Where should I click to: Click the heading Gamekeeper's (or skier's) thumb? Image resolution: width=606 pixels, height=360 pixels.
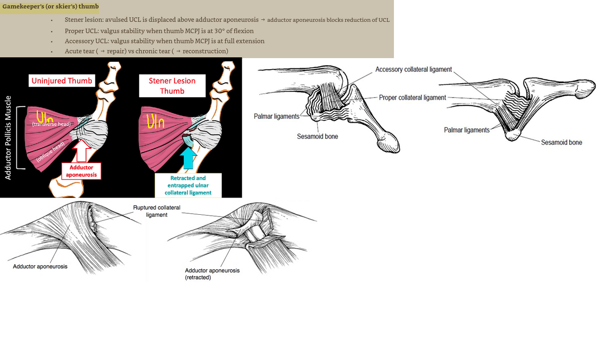pos(50,7)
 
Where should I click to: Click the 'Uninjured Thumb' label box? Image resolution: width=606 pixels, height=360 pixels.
pos(62,81)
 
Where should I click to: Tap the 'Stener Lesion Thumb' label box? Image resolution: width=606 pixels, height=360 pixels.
pos(172,86)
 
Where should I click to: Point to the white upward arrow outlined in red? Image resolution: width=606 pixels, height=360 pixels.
pos(82,151)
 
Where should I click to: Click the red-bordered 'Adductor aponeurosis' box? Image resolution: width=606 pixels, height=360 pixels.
pos(81,171)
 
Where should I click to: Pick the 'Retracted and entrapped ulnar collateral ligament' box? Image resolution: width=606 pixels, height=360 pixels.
pos(188,185)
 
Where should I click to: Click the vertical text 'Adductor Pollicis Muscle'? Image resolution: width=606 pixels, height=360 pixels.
pos(8,138)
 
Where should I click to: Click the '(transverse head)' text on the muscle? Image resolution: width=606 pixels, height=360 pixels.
pos(51,124)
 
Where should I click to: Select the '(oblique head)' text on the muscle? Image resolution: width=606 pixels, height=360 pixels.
pos(50,152)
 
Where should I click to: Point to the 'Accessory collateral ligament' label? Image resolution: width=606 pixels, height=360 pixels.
pos(413,69)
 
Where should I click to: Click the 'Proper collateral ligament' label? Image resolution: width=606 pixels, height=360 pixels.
pos(412,98)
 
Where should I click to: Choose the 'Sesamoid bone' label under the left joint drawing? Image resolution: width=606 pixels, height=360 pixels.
pos(318,136)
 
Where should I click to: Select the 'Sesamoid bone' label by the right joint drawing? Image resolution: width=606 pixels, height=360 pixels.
pos(561,143)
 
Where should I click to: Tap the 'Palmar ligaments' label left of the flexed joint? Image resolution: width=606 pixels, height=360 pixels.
pos(277,116)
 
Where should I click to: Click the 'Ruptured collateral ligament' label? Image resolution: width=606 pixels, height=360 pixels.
pos(157,211)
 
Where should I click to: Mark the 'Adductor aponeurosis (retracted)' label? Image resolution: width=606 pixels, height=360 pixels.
pos(212,274)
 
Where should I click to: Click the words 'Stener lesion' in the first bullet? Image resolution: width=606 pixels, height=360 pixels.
pos(83,20)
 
